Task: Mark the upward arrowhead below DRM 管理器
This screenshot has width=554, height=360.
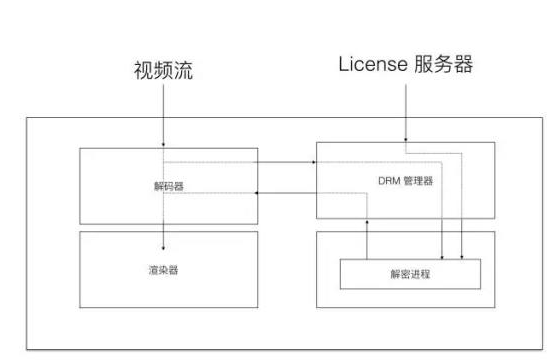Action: click(367, 223)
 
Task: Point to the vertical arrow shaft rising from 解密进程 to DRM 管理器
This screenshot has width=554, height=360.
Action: click(367, 240)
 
